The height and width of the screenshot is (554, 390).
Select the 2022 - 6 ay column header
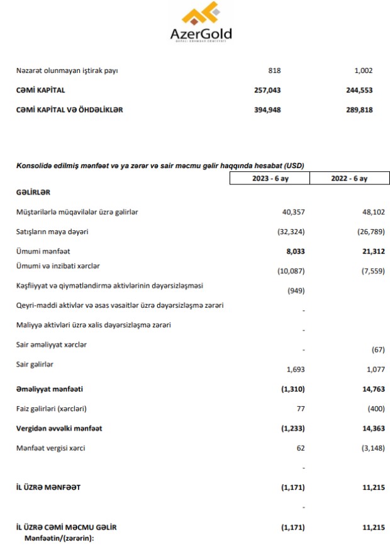click(x=349, y=179)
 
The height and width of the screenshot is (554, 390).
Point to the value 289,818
click(x=360, y=110)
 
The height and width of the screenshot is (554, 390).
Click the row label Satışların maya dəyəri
click(x=52, y=232)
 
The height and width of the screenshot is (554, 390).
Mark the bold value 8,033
click(x=293, y=251)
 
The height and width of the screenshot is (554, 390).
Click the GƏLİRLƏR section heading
click(x=33, y=192)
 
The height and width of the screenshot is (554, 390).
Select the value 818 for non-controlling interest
click(x=274, y=71)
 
